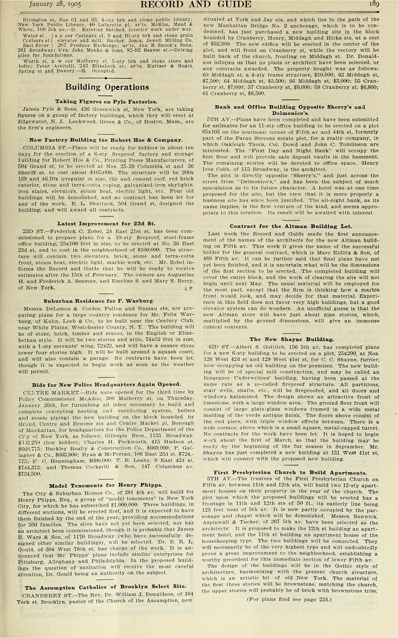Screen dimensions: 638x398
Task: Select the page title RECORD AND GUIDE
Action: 198,5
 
